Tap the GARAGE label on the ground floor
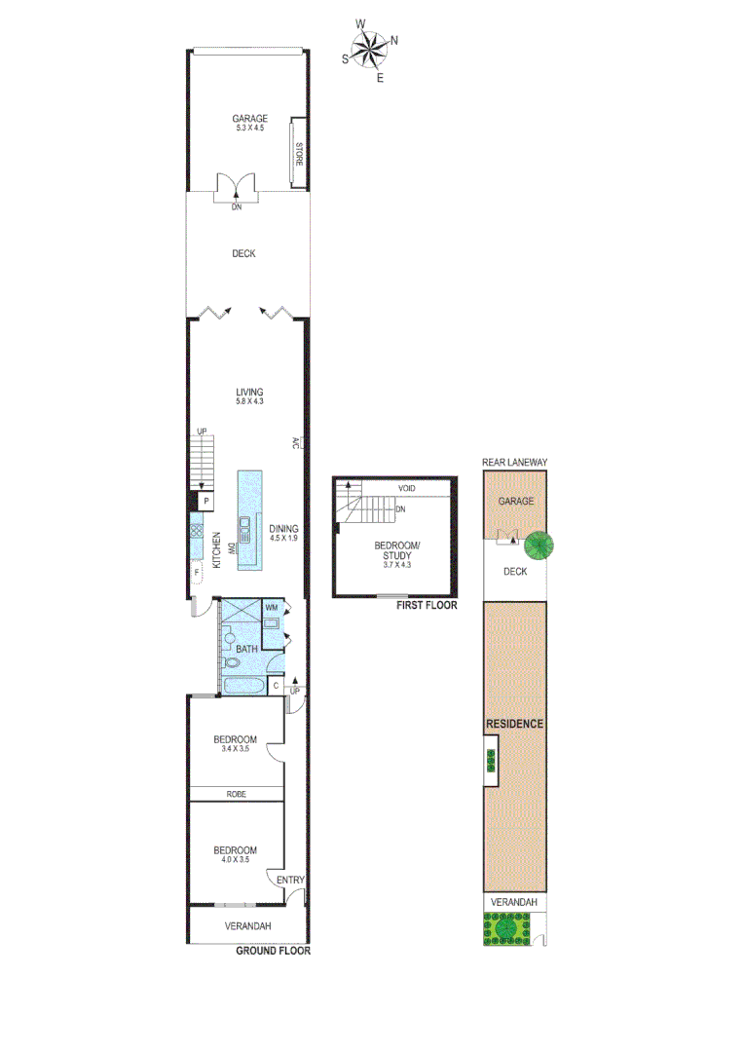click(249, 119)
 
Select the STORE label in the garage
click(300, 154)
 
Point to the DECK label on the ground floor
click(243, 254)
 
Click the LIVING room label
click(249, 392)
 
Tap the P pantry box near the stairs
click(206, 502)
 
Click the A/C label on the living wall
click(294, 444)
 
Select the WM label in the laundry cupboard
click(272, 609)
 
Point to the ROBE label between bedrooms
click(236, 794)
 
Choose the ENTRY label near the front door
click(290, 881)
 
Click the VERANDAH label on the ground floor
click(247, 926)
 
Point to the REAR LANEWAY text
click(515, 463)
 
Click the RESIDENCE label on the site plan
click(515, 724)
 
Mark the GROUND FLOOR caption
click(273, 952)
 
